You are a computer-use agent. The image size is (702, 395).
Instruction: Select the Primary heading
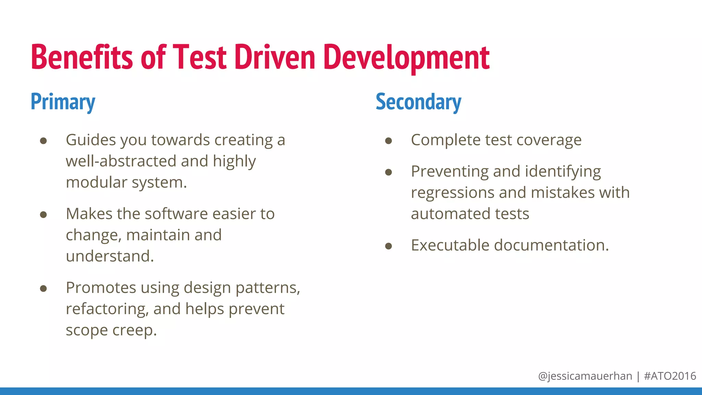[63, 102]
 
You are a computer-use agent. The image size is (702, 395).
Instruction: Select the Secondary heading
[419, 102]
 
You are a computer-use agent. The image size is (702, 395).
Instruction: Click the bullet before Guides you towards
[43, 141]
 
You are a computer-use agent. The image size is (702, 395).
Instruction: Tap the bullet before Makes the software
[43, 215]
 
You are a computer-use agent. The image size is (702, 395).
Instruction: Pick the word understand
[110, 256]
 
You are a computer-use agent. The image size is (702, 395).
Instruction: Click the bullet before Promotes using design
[43, 289]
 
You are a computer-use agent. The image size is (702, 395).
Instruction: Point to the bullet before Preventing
[388, 172]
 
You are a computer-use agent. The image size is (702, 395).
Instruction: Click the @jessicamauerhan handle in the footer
[585, 376]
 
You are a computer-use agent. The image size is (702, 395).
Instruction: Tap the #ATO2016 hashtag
[670, 376]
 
